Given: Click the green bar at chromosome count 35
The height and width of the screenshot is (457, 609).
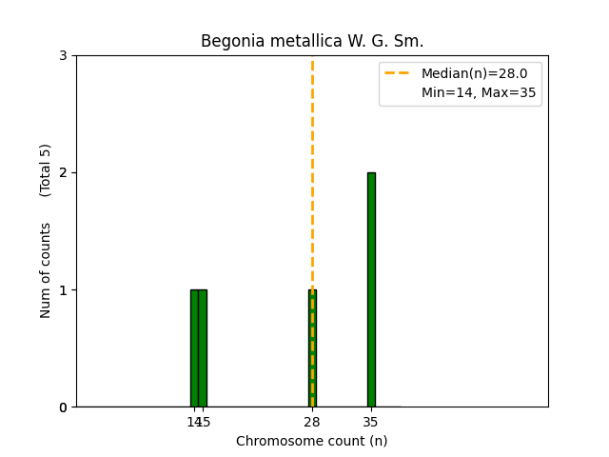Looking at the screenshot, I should (x=371, y=289).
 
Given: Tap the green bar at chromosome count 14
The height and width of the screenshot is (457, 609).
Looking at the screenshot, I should (x=194, y=348).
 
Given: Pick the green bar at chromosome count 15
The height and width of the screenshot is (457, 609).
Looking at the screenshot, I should (x=203, y=348).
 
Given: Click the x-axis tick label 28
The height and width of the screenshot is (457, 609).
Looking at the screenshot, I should (x=312, y=422).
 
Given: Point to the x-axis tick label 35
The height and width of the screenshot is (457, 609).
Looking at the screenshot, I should (x=371, y=422).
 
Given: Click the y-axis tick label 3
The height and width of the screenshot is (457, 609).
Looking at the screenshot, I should (x=63, y=55).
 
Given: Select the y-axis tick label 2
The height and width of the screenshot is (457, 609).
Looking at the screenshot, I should (x=63, y=172).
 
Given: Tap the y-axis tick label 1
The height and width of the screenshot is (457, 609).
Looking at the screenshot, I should (x=63, y=289).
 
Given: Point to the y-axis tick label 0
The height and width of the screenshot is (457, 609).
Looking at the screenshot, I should (x=63, y=407).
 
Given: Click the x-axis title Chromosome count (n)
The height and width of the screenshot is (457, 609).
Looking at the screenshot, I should (x=311, y=441).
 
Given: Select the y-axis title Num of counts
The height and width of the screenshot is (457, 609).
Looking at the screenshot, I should (x=46, y=270).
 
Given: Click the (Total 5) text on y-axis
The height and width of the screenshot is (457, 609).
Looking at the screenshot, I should (x=46, y=170).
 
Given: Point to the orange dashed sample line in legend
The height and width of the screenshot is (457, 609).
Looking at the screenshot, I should (x=399, y=72).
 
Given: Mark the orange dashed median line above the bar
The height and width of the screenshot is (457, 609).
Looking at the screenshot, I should (x=312, y=171).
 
